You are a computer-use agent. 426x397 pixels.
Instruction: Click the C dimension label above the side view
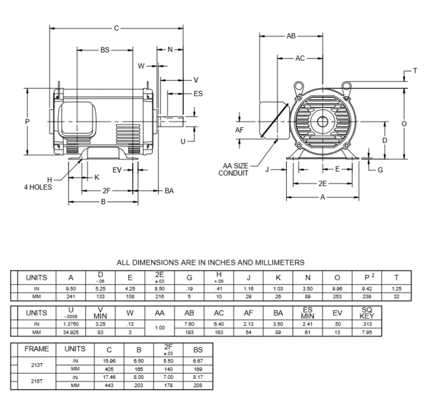116,28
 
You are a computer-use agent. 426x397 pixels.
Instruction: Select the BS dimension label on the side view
105,50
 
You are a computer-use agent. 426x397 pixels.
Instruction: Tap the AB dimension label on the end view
291,36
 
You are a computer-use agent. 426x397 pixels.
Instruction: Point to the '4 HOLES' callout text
38,187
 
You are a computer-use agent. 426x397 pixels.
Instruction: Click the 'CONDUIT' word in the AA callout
233,173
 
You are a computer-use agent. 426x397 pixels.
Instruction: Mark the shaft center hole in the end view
322,122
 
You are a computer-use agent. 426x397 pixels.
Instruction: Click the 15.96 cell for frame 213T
109,361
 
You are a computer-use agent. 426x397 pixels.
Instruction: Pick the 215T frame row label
37,381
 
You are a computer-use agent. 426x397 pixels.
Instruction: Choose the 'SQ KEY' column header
367,313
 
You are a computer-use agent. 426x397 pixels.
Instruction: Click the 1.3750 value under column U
71,324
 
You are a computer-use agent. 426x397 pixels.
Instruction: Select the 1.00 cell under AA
160,328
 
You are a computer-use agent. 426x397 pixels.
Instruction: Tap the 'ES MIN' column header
308,313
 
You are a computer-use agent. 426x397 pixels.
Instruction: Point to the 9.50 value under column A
71,289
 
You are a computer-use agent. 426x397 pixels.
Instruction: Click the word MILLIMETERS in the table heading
280,263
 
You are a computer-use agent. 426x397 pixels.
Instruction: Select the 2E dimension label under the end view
322,184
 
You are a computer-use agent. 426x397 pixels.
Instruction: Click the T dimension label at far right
415,71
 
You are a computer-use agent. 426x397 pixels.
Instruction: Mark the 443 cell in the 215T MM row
109,385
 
